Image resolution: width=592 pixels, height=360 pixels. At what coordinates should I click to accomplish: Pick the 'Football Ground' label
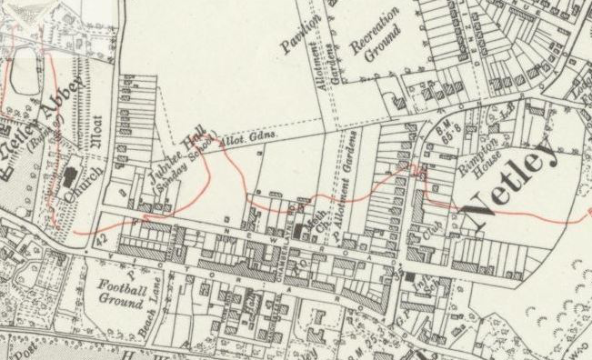[122, 293]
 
